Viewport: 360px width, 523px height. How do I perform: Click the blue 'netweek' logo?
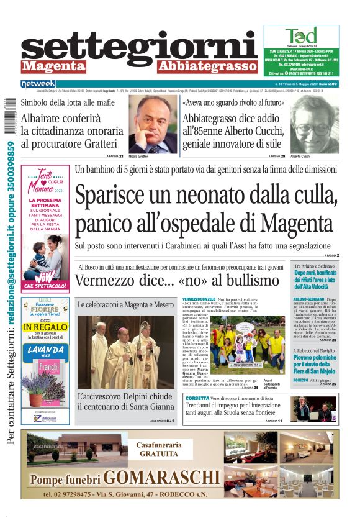[x=38, y=84]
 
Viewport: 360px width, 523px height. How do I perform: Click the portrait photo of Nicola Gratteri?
[x=153, y=124]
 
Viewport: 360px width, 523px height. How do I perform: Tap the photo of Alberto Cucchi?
[x=314, y=124]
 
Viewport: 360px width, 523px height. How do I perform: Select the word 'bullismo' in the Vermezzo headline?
[x=246, y=280]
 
